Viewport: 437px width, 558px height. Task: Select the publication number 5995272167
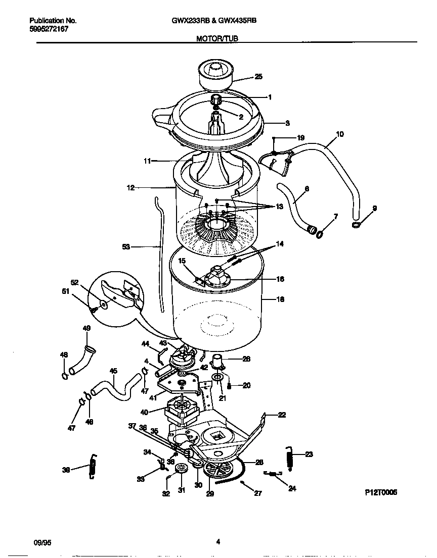point(49,29)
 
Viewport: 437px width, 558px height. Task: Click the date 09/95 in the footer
point(42,543)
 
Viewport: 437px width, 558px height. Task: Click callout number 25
point(258,77)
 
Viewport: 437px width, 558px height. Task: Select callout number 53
point(126,247)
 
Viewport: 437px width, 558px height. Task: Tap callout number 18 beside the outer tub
point(280,299)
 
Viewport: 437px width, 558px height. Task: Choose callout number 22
point(282,415)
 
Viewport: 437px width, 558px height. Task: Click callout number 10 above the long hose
point(339,134)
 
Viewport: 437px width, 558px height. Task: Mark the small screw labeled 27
point(243,483)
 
